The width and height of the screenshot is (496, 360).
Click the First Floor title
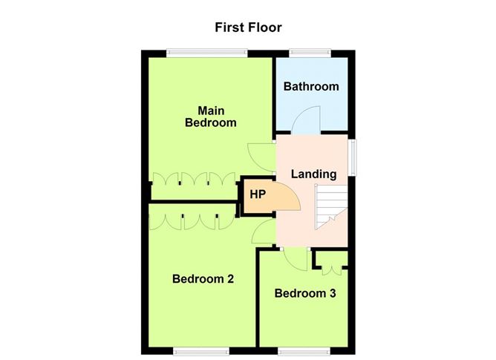pyautogui.click(x=248, y=27)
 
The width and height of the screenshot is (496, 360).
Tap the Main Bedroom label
pyautogui.click(x=210, y=117)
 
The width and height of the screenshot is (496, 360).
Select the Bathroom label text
pyautogui.click(x=311, y=86)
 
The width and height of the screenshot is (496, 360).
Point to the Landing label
pyautogui.click(x=313, y=174)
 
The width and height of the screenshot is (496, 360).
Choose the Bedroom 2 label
pyautogui.click(x=203, y=279)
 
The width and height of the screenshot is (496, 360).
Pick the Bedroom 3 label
pyautogui.click(x=305, y=293)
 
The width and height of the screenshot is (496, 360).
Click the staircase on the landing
pyautogui.click(x=330, y=208)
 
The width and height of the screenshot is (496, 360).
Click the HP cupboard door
pyautogui.click(x=287, y=197)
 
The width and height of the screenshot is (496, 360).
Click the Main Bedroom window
pyautogui.click(x=206, y=52)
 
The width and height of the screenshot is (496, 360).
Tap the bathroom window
pyautogui.click(x=311, y=52)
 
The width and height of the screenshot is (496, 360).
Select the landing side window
pyautogui.click(x=353, y=157)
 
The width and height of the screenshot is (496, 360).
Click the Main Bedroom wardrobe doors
pyautogui.click(x=189, y=180)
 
